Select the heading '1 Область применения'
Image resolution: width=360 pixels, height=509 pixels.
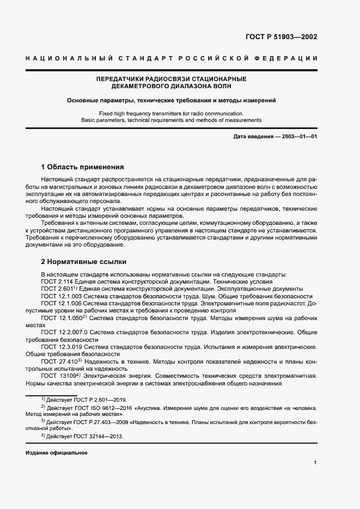(x=83, y=167)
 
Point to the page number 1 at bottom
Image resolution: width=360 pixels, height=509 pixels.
(x=315, y=462)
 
